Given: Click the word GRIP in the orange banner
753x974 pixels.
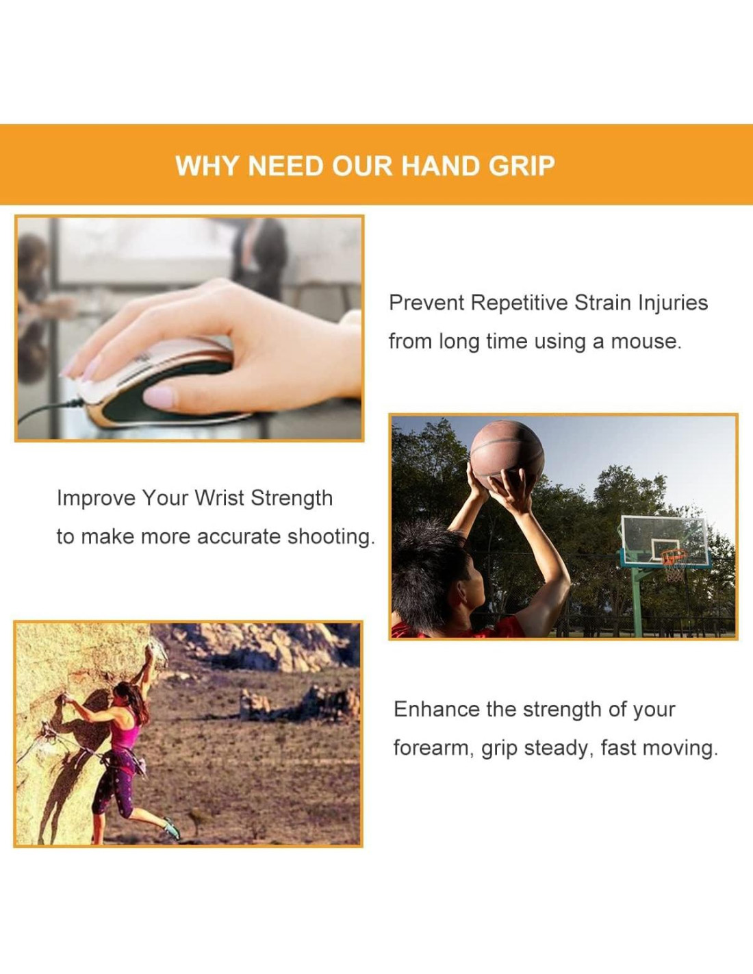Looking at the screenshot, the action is point(522,166).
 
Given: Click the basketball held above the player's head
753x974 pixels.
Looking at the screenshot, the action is point(507,455).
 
